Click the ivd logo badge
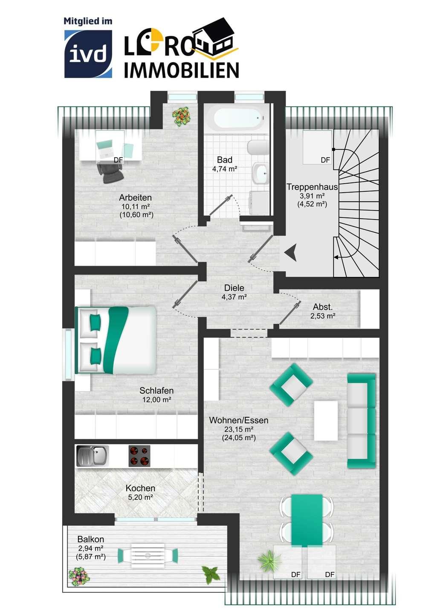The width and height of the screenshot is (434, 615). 88,54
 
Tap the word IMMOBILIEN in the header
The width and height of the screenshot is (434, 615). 181,70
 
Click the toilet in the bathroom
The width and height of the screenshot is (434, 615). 258,148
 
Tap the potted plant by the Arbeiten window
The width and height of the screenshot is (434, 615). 181,116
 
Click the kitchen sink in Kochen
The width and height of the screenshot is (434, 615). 93,456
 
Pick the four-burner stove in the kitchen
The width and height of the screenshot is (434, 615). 139,456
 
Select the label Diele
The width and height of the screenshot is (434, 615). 234,288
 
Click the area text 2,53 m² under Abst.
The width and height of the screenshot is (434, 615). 323,316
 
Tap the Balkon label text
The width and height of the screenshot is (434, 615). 91,539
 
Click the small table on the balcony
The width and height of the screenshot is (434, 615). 148,556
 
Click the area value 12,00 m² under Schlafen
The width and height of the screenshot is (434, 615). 157,399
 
